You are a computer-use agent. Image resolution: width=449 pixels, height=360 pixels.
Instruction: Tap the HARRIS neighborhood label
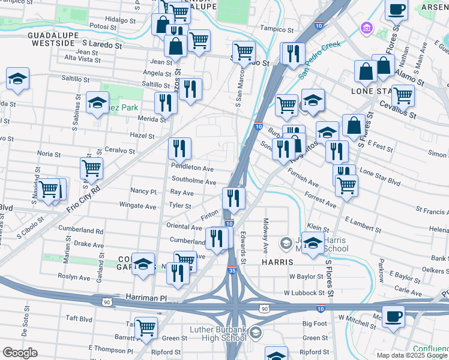coord(276,262)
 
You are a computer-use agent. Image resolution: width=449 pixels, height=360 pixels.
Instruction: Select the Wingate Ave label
coord(137,206)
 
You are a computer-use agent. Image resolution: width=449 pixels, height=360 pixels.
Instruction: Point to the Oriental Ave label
coord(184,227)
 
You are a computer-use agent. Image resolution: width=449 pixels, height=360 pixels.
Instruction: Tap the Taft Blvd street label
coord(78,319)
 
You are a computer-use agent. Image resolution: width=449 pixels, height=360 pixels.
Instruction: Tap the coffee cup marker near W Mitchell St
coord(393,316)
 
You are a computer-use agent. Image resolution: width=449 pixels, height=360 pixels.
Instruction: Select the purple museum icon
coord(366,28)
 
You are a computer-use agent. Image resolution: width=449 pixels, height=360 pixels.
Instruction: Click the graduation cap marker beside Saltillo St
coord(18,79)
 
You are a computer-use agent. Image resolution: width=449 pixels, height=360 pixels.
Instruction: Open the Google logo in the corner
coord(20,353)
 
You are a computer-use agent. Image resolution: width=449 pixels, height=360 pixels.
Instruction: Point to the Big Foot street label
coord(315,323)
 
